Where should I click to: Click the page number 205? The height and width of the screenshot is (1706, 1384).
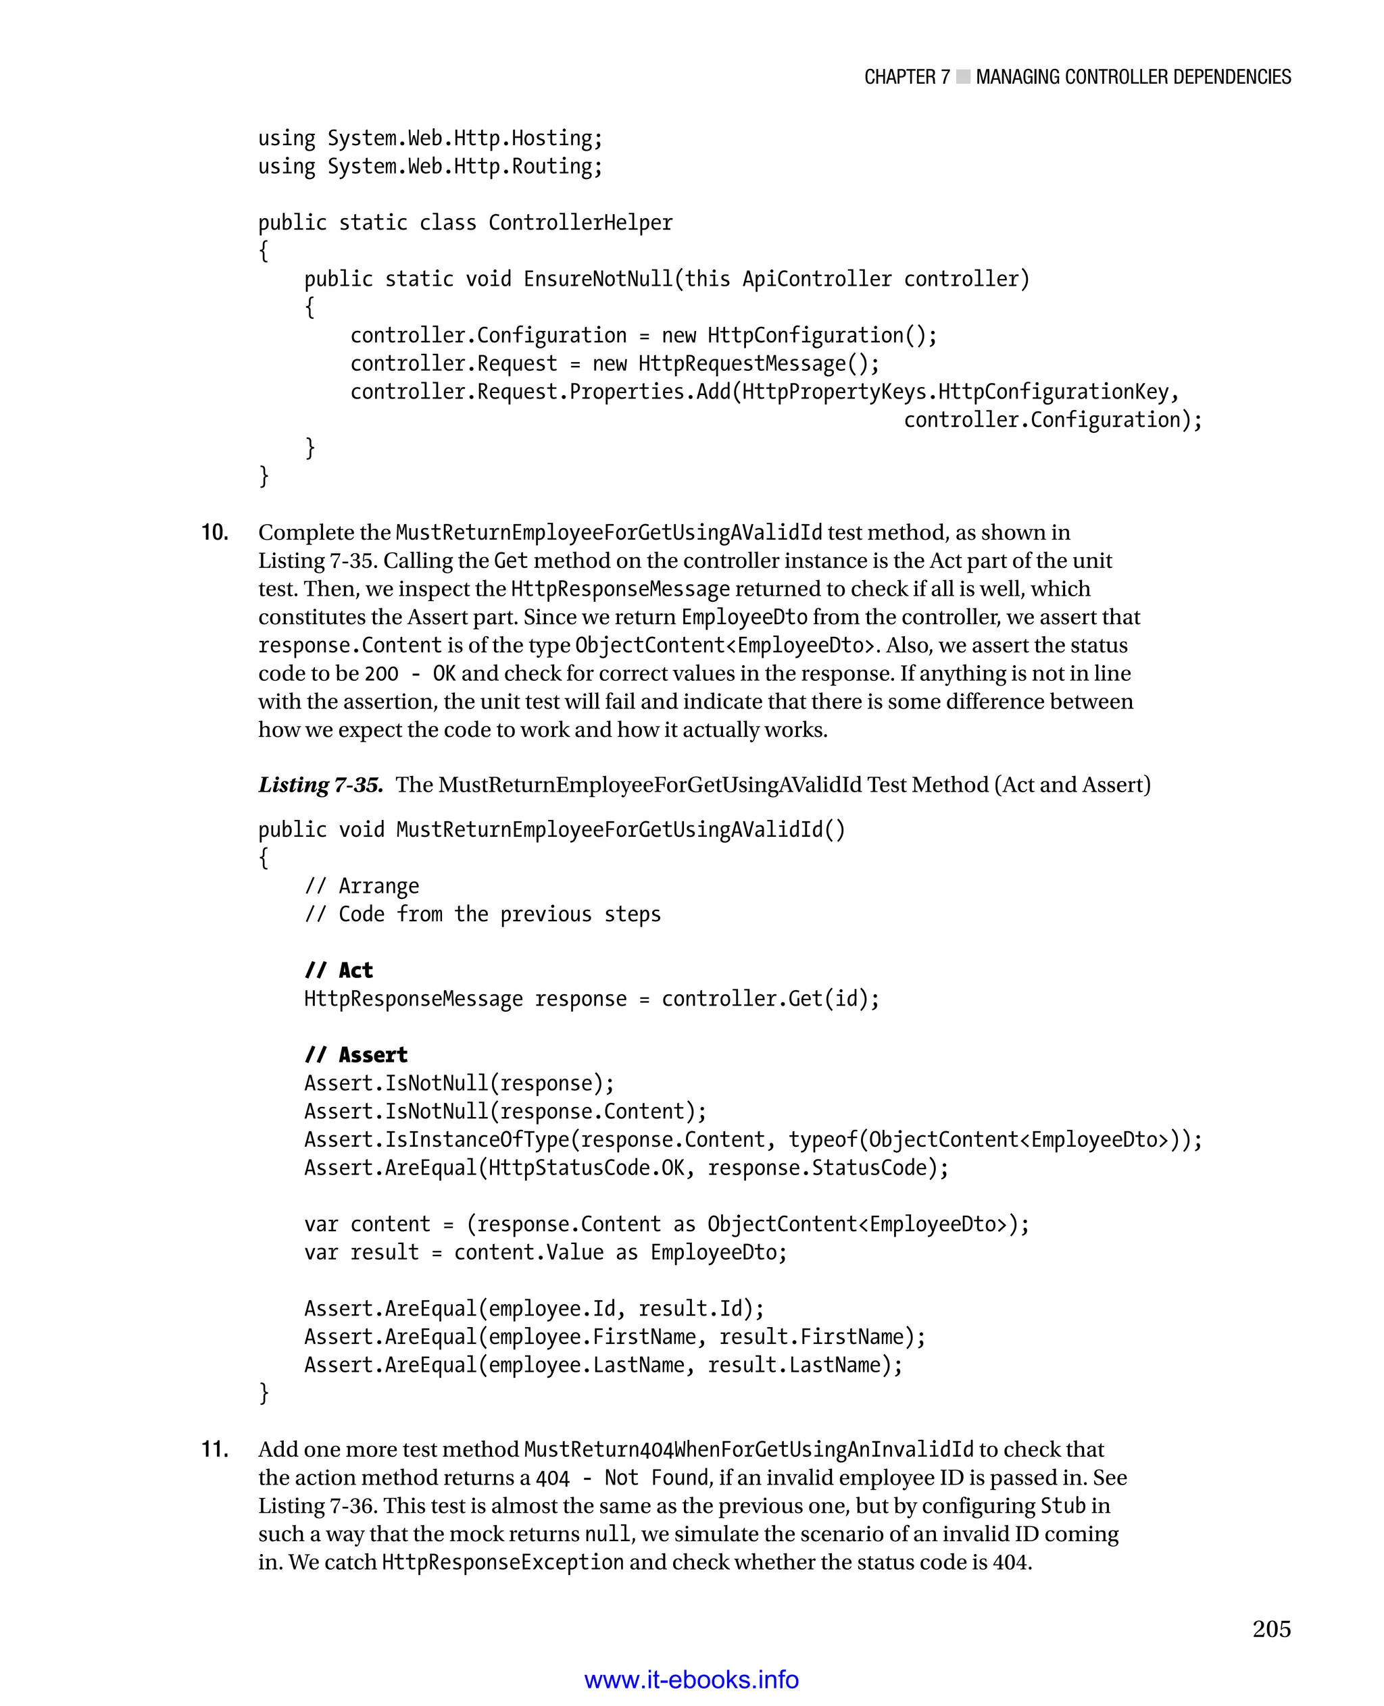coord(1270,1629)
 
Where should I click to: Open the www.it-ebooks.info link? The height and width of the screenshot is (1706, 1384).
coord(691,1680)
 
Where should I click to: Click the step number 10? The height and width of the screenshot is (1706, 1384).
coord(214,532)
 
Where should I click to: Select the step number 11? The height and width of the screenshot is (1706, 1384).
coord(214,1449)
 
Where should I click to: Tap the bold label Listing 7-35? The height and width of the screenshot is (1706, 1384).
coord(320,785)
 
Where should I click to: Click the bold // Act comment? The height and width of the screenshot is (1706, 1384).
coord(339,970)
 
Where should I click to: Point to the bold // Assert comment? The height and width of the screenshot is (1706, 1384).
coord(355,1054)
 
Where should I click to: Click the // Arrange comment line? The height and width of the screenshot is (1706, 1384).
coord(361,885)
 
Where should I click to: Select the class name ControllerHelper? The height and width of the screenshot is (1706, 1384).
coord(580,222)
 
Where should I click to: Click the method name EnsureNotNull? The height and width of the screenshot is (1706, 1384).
coord(599,279)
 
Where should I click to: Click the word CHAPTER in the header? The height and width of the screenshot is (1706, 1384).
coord(899,77)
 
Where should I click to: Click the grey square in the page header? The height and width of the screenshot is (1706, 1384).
coord(962,77)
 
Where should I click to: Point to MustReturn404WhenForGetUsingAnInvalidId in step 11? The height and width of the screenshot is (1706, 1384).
coord(749,1449)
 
